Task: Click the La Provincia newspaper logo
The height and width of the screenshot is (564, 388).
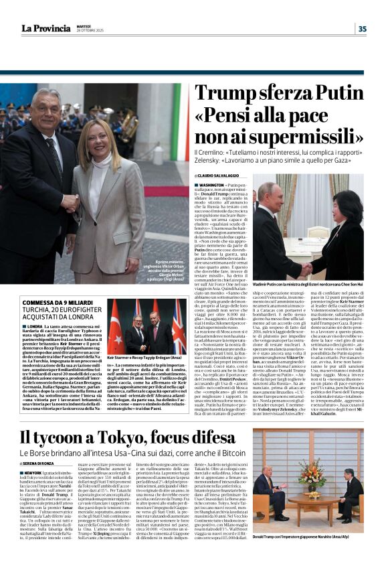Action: point(45,28)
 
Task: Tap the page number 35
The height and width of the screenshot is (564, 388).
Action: point(362,28)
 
